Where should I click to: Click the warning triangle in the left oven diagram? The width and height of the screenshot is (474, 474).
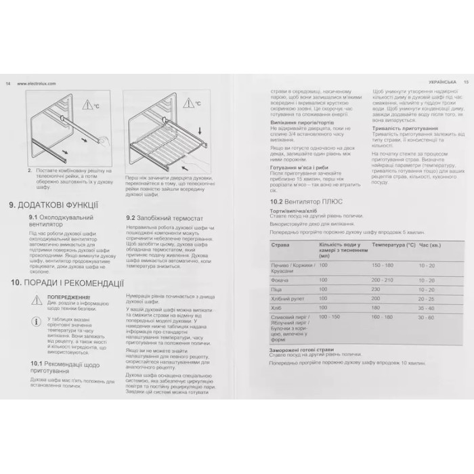click(89, 105)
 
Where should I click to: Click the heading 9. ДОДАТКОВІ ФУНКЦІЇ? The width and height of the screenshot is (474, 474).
click(53, 204)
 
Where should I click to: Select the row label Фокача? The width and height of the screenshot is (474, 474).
click(278, 280)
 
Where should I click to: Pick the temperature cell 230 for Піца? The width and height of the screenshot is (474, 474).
click(377, 289)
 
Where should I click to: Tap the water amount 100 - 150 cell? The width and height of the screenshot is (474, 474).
click(330, 316)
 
